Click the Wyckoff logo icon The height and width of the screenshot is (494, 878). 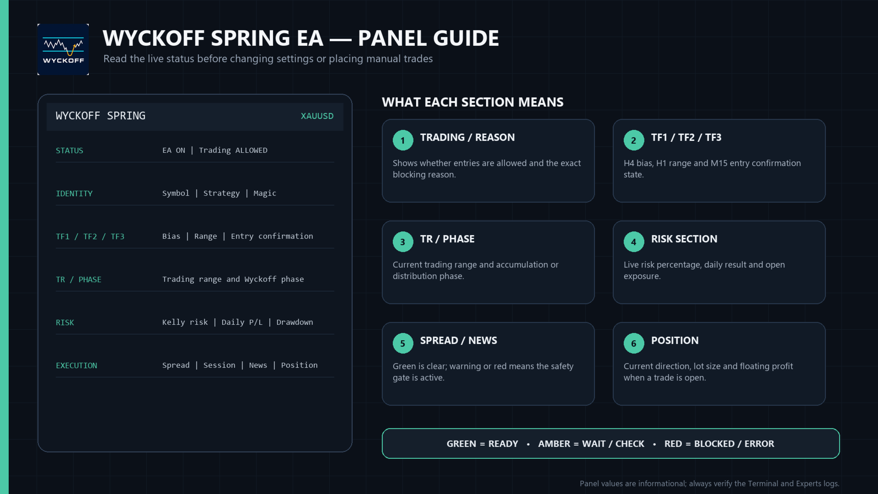pos(63,49)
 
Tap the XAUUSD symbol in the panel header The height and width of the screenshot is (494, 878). pos(317,116)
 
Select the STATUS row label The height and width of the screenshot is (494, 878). pos(70,150)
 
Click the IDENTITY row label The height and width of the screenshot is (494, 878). pos(74,193)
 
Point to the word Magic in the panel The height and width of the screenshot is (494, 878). pos(265,193)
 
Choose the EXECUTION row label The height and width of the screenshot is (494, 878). pos(76,365)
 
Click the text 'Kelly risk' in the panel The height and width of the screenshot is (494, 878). pos(185,322)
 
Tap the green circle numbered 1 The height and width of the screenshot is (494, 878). pos(403,140)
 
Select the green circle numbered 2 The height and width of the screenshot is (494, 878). pos(634,140)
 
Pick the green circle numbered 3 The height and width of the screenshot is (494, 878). pos(403,242)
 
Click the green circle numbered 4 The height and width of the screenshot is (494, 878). pos(634,242)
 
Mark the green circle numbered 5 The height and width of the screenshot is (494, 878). pos(403,344)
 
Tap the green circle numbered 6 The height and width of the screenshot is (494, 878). pos(634,344)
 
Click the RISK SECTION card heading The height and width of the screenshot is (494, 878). pos(684,239)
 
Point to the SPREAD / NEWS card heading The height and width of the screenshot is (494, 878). pos(459,340)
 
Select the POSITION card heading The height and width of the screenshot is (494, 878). pos(675,340)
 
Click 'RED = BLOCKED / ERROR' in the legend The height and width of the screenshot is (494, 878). pos(719,444)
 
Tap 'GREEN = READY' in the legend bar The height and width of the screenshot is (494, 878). pos(482,444)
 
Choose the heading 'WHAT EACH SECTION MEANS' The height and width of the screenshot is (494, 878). pos(473,102)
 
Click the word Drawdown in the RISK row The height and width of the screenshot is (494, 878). pos(294,322)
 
